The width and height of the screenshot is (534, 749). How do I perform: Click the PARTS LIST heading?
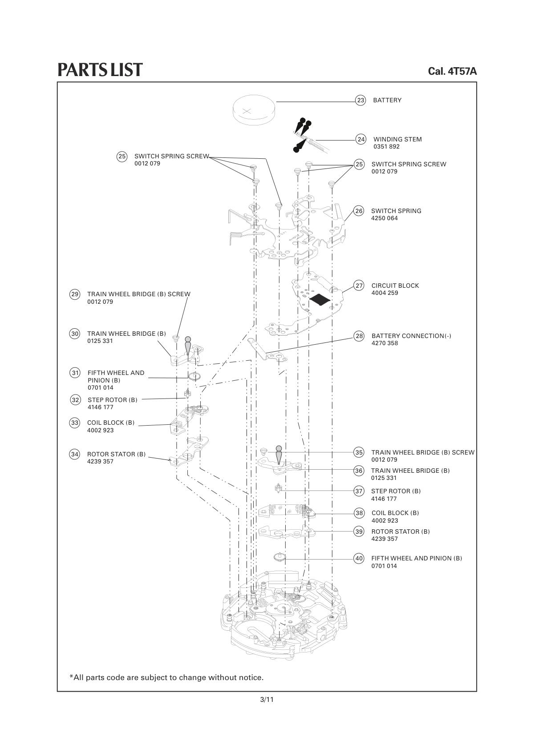point(100,69)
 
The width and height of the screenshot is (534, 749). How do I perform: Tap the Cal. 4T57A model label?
point(453,71)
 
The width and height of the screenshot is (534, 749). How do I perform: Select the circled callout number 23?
point(360,101)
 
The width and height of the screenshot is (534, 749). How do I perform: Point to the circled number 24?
point(361,139)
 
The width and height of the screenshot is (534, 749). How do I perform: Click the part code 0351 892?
point(386,146)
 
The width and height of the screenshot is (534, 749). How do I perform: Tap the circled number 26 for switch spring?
point(359,211)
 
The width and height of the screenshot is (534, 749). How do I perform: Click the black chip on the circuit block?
point(320,299)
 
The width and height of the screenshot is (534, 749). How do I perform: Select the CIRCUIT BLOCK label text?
point(395,286)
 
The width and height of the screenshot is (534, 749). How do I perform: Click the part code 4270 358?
point(385,343)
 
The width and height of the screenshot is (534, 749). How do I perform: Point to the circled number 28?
point(359,336)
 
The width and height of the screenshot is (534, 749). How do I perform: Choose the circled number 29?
point(75,294)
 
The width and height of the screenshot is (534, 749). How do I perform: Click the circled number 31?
point(75,373)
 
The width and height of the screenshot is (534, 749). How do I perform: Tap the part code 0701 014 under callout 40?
point(384,566)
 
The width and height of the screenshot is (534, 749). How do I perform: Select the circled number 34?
point(75,454)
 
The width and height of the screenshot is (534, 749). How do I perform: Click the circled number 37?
point(359,491)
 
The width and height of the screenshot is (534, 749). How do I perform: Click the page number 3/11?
point(267,699)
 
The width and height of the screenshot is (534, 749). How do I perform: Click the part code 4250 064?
point(384,218)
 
